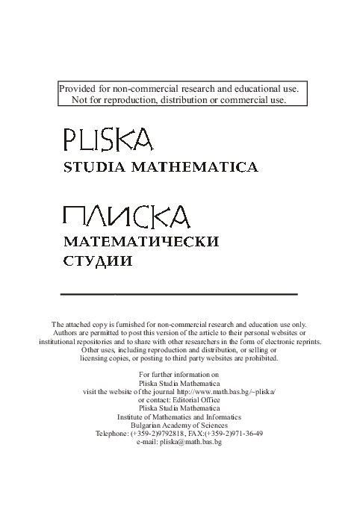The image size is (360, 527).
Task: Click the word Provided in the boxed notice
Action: [x=78, y=89]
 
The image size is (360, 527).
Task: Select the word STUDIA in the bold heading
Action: [x=93, y=168]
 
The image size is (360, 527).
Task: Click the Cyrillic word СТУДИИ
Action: [x=97, y=262]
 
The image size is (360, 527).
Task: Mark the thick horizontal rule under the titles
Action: [x=179, y=295]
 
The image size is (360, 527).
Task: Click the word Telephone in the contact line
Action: [x=112, y=433]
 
